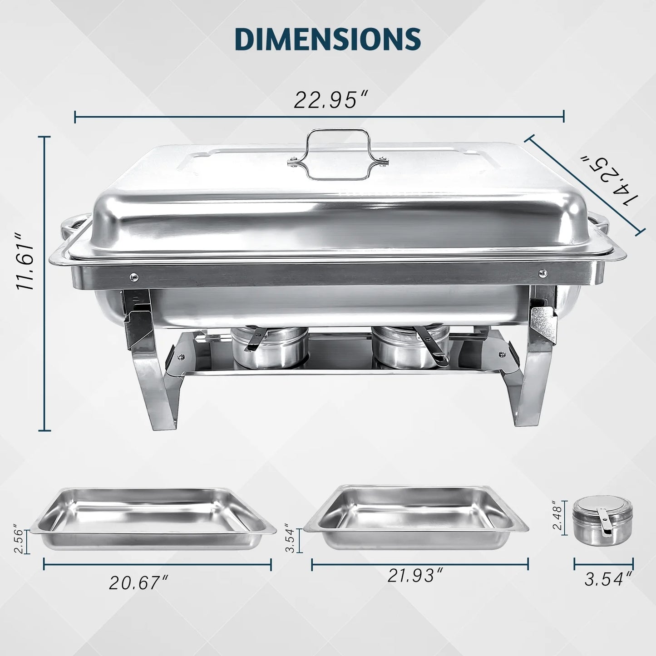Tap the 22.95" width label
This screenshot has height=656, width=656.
click(x=330, y=100)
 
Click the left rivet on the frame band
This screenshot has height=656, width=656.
click(x=133, y=275)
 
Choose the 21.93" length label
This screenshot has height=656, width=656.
click(x=415, y=576)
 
